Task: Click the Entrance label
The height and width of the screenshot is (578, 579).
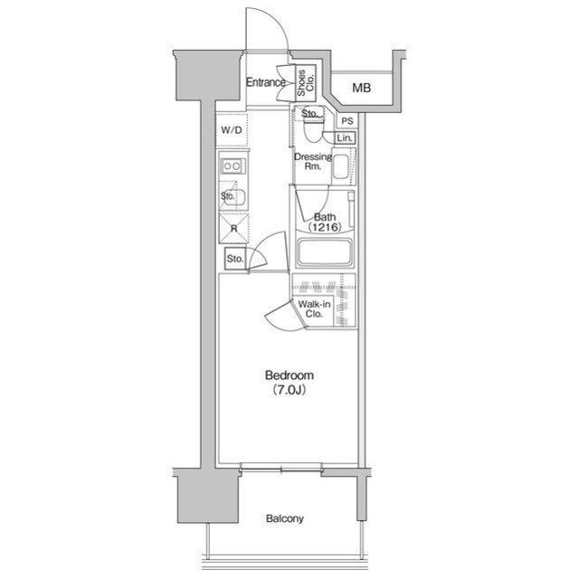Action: tap(265, 82)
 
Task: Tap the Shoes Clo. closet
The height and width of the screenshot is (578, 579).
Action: tap(306, 83)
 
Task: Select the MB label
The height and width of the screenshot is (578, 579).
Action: tap(361, 89)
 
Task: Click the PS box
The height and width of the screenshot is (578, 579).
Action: tap(347, 120)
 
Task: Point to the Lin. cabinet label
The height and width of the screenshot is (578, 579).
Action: tap(345, 138)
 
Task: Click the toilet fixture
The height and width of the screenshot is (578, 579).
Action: tap(313, 127)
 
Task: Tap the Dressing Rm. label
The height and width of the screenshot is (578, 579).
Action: tap(313, 161)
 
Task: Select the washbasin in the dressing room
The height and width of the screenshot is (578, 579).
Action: tap(341, 166)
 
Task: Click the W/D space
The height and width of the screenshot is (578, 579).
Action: tap(232, 129)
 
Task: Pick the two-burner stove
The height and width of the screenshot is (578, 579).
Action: tap(233, 166)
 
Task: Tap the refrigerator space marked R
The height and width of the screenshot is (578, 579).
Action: tap(233, 229)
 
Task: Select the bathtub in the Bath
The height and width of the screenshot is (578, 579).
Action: tap(325, 252)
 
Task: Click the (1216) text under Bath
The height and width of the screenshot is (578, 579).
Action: tap(325, 227)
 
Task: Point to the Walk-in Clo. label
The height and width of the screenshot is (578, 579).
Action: tap(314, 309)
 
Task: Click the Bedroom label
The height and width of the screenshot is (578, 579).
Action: tap(289, 375)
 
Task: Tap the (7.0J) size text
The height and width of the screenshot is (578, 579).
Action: tap(289, 390)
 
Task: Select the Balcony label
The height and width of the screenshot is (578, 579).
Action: tap(285, 518)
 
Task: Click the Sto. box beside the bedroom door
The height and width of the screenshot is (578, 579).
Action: tap(235, 259)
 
